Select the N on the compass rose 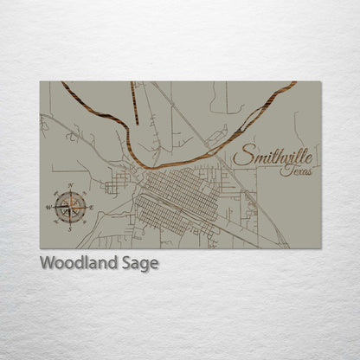tap(70, 186)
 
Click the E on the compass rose tap(91, 206)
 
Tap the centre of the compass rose tap(69, 207)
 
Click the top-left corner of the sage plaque tap(41, 82)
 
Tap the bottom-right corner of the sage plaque tap(323, 247)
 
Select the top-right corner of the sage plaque tap(323, 82)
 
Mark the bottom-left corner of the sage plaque tap(41, 247)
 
